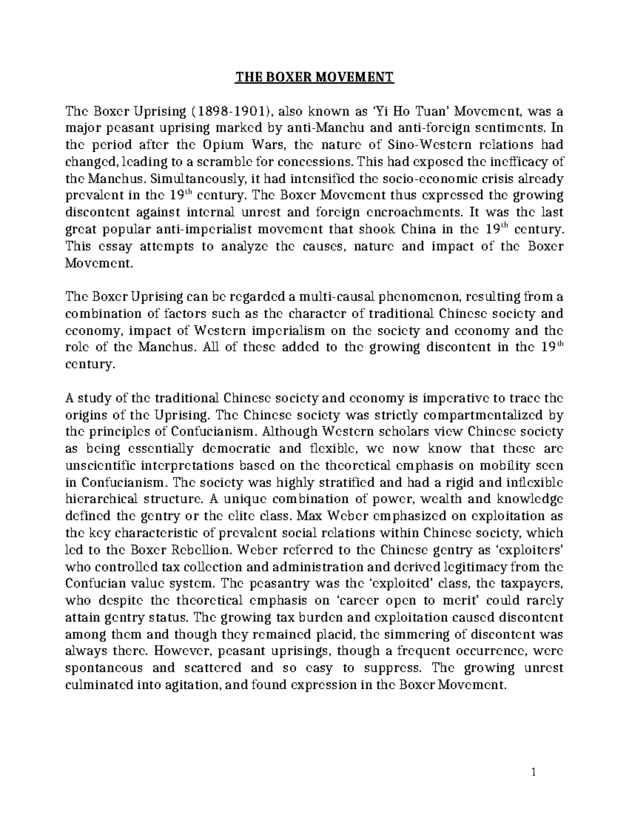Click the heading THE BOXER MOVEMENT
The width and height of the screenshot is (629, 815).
pos(314,78)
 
